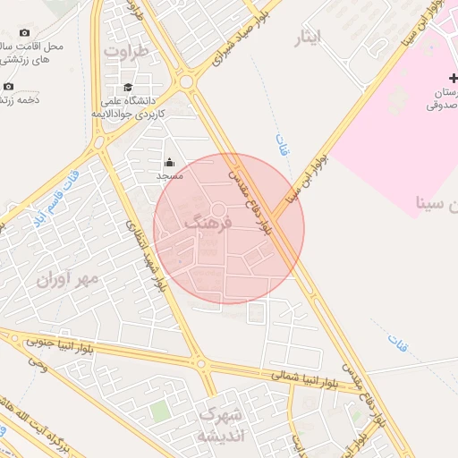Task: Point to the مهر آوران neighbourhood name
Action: (x=65, y=280)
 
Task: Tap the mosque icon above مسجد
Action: (x=169, y=162)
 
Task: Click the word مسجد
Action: (x=169, y=176)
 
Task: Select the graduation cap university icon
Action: (x=128, y=88)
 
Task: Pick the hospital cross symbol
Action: (x=454, y=79)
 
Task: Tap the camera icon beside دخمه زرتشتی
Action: (x=9, y=86)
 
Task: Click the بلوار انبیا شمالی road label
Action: (x=295, y=377)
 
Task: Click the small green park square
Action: (x=160, y=411)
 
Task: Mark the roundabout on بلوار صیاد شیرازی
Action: (x=187, y=82)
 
